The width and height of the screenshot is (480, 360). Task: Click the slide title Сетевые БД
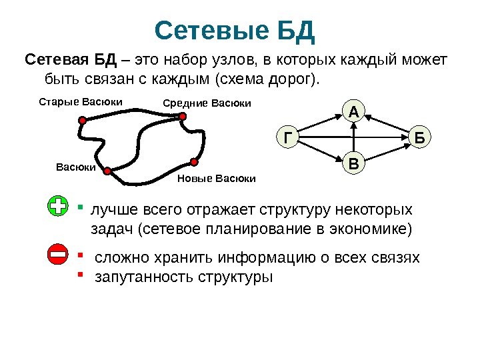pos(234,30)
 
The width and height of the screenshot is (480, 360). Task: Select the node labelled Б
pos(420,137)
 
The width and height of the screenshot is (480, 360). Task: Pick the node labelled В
pos(353,163)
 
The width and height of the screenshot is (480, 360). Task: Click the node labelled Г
pos(287,137)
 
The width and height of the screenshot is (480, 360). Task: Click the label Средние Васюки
pos(207,103)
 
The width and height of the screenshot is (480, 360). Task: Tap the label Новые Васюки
pos(217,179)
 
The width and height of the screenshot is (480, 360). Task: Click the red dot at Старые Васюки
pos(82,121)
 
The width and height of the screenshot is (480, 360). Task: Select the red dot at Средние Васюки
pos(181,116)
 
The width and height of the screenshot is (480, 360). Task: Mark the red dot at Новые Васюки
pos(193,161)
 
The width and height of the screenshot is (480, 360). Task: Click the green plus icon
pos(58,207)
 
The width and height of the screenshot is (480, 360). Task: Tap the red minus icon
pos(58,255)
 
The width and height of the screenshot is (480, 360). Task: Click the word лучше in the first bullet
pos(111,211)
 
